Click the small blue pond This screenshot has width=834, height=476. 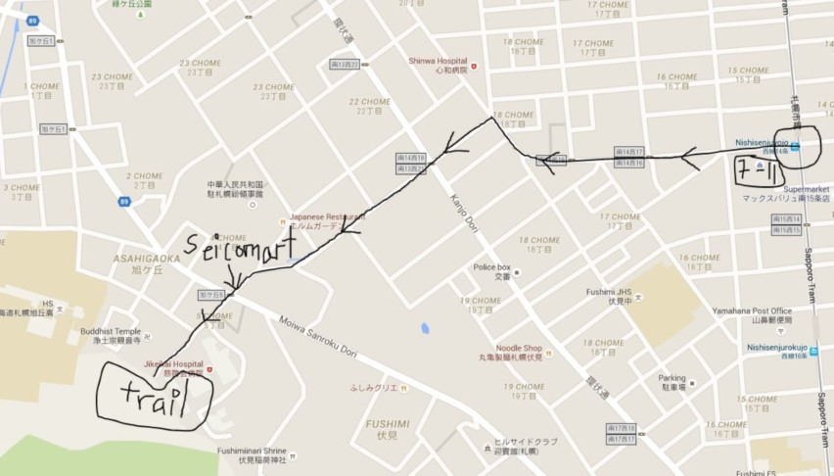point(425,327)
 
